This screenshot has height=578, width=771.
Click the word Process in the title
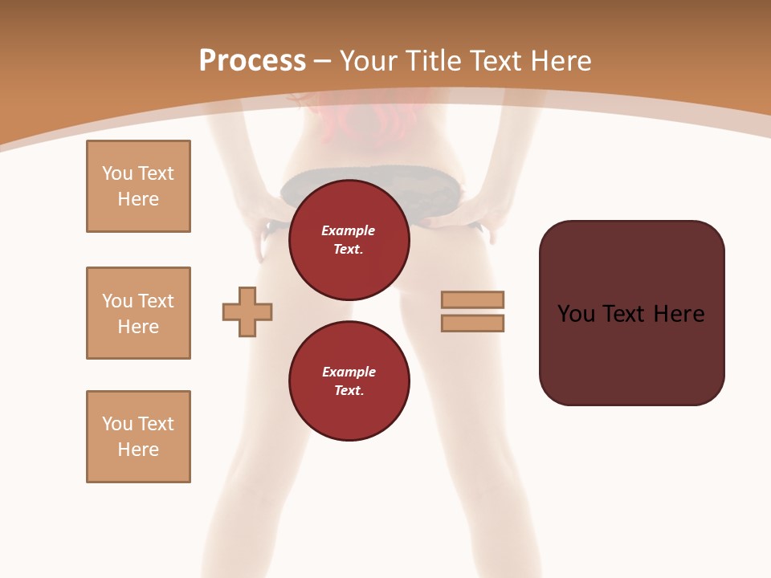pos(252,61)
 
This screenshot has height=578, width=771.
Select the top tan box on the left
pos(138,186)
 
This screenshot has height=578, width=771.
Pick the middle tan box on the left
pos(138,313)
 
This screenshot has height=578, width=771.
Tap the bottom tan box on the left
pos(138,437)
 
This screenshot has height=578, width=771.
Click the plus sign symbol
pos(247,311)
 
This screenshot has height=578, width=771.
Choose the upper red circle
pos(349,239)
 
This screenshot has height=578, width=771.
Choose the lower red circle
pos(349,381)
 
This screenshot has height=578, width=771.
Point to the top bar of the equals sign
pos(473,299)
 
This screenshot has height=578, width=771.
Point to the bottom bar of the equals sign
pos(473,324)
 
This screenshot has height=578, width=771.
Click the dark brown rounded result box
pos(631,353)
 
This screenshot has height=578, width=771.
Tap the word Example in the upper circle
pos(349,230)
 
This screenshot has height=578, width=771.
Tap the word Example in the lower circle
pos(349,372)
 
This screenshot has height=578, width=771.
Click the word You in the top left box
pos(117,173)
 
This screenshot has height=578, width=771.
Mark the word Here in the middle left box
pos(138,327)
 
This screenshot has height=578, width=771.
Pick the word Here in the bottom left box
pos(138,450)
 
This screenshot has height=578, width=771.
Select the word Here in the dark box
pos(679,314)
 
